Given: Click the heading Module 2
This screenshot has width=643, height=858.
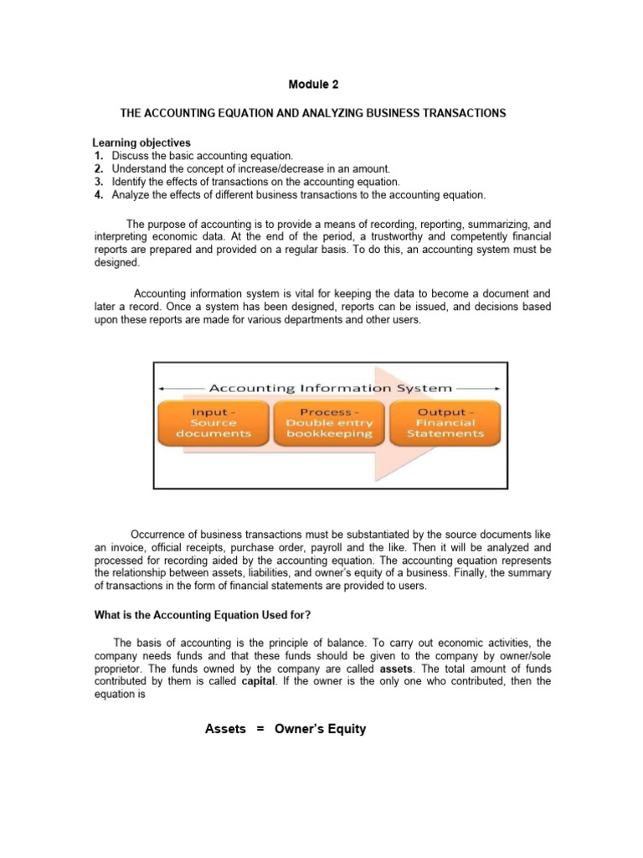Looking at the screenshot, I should tap(314, 85).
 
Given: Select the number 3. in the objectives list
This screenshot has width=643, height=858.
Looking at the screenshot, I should tap(99, 182).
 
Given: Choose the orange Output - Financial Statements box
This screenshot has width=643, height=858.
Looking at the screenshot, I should tap(445, 423).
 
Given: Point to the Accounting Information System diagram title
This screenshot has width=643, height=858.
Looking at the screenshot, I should tap(330, 388).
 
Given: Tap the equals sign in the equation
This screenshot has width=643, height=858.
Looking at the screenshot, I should tap(260, 729).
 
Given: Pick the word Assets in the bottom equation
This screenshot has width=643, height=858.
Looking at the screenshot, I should tap(225, 729).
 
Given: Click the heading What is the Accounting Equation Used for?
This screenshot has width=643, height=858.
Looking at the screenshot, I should tap(202, 616).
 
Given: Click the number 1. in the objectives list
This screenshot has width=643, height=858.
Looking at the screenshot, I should tap(99, 156).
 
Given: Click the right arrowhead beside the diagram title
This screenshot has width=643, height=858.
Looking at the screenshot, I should tap(498, 388).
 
